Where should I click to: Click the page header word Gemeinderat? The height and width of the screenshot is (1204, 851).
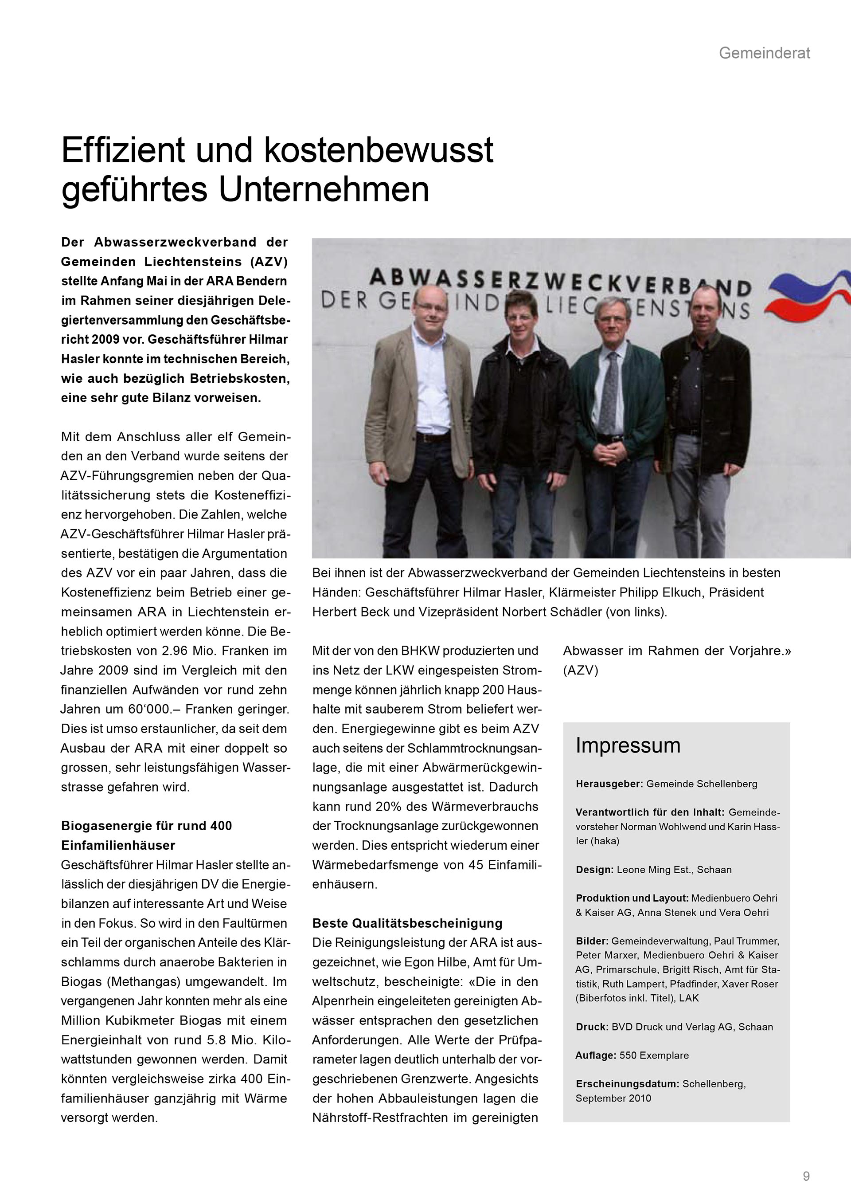(764, 53)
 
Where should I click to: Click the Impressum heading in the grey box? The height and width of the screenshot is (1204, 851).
(627, 745)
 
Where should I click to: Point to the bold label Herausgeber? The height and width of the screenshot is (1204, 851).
(609, 784)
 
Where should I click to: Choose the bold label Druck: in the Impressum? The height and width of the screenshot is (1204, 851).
(592, 1026)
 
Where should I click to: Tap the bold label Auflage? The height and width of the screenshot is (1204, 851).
(595, 1055)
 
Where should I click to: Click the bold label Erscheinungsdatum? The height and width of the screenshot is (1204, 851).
(627, 1083)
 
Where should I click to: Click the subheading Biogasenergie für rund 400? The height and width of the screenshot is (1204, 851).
(146, 825)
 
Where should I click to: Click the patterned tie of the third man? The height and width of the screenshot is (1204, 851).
(609, 391)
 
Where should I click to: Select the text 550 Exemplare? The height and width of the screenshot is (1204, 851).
(654, 1055)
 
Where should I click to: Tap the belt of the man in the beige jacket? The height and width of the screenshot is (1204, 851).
(433, 436)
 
